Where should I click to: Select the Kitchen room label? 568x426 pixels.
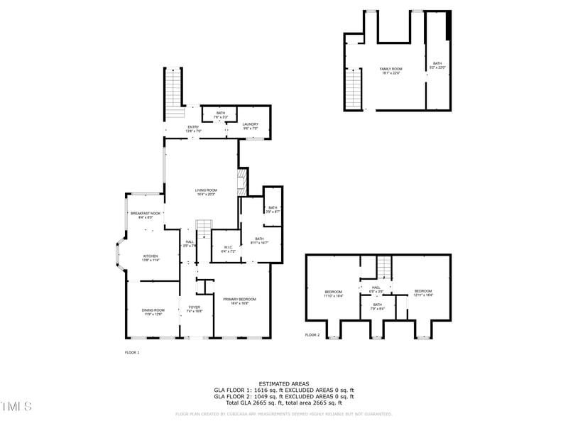[151, 257]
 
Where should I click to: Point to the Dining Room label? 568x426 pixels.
[153, 311]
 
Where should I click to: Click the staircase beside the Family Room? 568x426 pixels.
[354, 88]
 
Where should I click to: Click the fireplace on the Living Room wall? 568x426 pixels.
[242, 182]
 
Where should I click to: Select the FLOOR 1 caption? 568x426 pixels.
[132, 352]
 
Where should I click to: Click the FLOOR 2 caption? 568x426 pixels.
[312, 334]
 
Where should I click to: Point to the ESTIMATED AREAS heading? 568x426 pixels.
[283, 383]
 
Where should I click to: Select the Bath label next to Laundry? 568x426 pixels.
[221, 114]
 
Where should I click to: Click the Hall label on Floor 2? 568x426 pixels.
[376, 289]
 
